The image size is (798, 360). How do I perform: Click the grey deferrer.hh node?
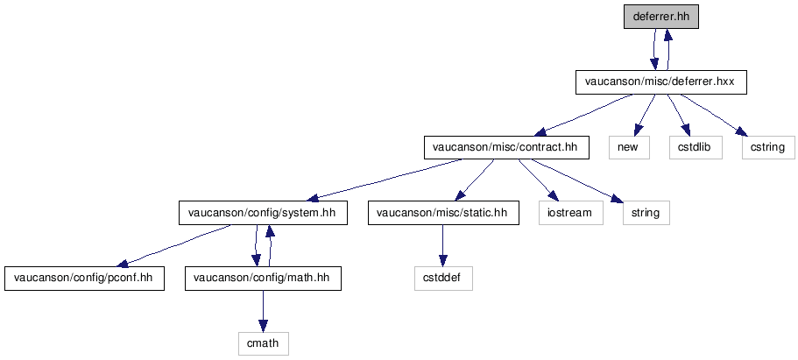point(661,17)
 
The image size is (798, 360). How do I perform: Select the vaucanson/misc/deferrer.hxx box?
point(660,82)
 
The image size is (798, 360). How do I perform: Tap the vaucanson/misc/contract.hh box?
point(506,148)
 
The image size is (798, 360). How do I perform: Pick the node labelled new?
point(629,148)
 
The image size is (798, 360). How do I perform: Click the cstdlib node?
point(696,148)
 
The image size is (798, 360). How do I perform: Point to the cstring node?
point(768,148)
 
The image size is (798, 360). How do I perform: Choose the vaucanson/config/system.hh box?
point(263,213)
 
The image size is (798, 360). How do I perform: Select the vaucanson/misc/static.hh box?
point(443,213)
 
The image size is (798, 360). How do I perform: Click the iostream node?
point(571,213)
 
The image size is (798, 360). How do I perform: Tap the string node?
point(646,213)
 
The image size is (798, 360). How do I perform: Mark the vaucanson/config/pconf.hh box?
point(84,278)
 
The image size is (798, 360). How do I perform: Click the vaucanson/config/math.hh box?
point(263,278)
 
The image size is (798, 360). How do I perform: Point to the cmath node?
point(263,343)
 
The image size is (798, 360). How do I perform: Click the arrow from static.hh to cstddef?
point(442,245)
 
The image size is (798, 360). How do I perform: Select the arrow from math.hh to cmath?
point(263,311)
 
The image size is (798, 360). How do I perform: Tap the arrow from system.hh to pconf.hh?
point(173,245)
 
